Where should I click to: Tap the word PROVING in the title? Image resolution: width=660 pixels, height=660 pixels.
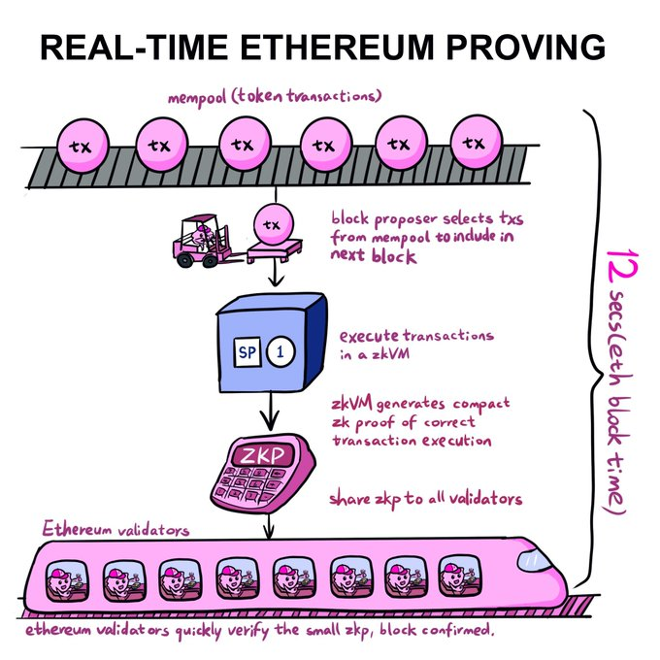pyautogui.click(x=526, y=47)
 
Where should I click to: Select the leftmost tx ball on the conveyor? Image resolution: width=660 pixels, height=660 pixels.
pyautogui.click(x=82, y=146)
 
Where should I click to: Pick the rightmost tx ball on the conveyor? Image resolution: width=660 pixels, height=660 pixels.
pyautogui.click(x=477, y=143)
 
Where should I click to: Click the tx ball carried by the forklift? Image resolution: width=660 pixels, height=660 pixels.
pyautogui.click(x=273, y=225)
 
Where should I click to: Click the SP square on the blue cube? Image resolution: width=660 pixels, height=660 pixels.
pyautogui.click(x=247, y=351)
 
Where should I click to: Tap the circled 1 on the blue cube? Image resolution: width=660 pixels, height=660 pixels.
pyautogui.click(x=280, y=351)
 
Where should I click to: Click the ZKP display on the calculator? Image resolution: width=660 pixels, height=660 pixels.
pyautogui.click(x=264, y=455)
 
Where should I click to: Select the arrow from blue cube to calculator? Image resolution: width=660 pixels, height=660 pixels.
pyautogui.click(x=270, y=412)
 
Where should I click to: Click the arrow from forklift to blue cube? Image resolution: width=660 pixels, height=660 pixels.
pyautogui.click(x=276, y=273)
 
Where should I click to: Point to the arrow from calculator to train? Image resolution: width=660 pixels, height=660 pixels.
pyautogui.click(x=270, y=525)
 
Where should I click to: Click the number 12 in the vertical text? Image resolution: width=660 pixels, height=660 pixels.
pyautogui.click(x=622, y=267)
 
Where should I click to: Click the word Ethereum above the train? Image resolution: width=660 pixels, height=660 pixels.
pyautogui.click(x=77, y=529)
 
